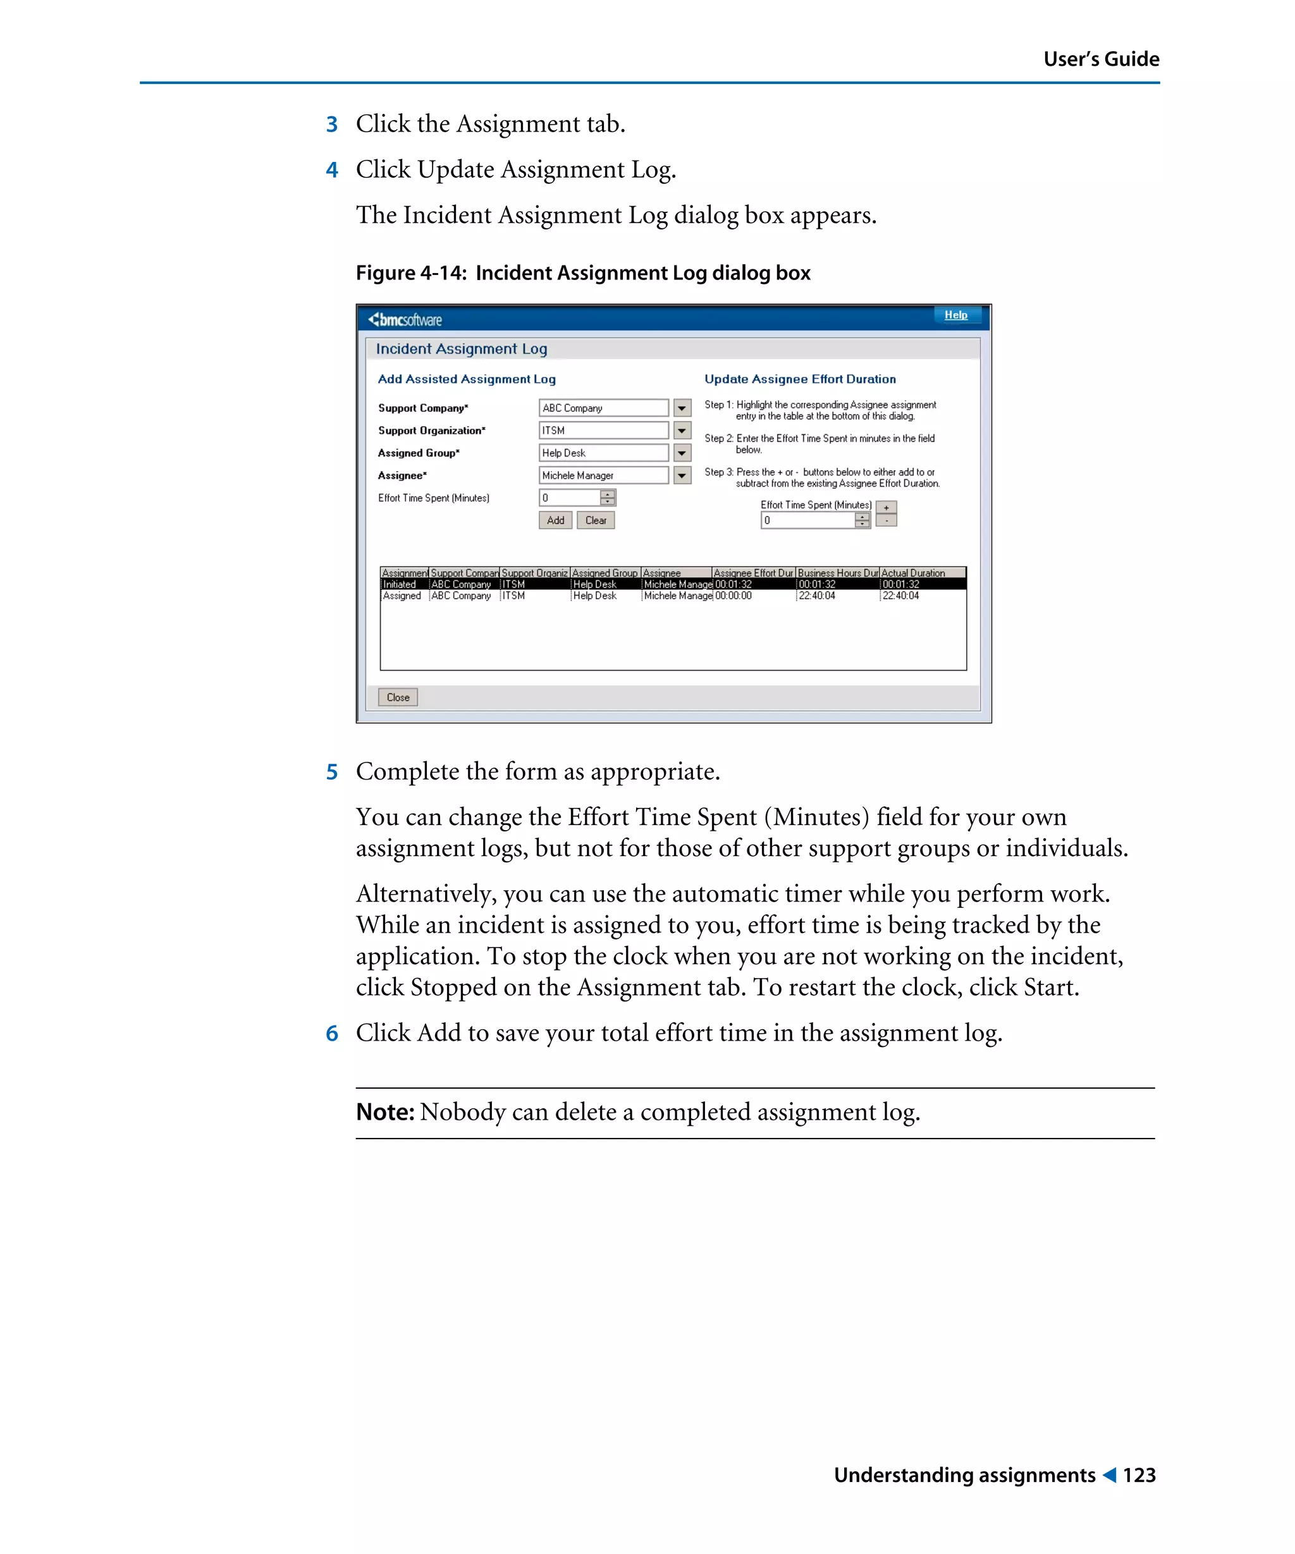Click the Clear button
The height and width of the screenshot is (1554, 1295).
(x=595, y=520)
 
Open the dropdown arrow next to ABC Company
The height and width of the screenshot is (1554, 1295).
(x=682, y=408)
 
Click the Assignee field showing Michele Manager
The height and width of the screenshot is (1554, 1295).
(x=603, y=475)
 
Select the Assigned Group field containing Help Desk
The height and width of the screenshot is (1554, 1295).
(x=603, y=453)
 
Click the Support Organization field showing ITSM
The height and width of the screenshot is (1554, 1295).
(x=603, y=430)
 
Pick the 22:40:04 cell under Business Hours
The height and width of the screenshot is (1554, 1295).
(x=816, y=596)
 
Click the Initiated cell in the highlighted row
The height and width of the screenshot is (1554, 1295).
(x=400, y=585)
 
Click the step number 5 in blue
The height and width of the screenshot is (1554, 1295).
(x=331, y=772)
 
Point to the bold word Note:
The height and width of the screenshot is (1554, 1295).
(x=384, y=1111)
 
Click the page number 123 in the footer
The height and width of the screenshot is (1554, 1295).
(x=1138, y=1475)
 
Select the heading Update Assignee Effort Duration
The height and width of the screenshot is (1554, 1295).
(x=799, y=379)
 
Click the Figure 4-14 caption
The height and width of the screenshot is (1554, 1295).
(x=582, y=273)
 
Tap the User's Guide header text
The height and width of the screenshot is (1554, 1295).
(x=1100, y=59)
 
